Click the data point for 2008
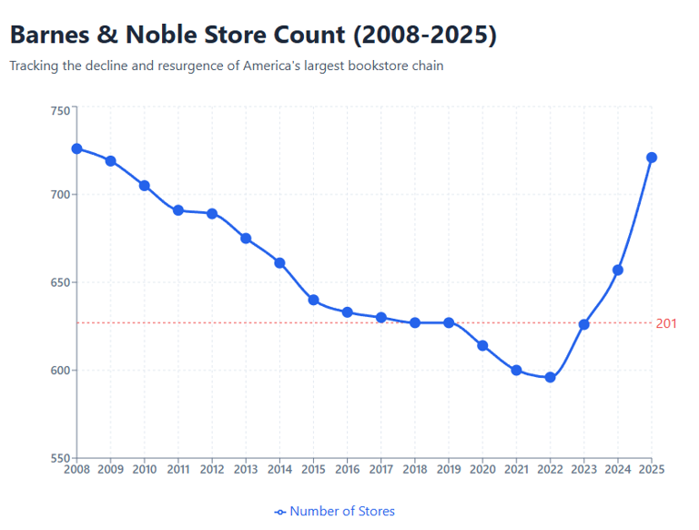click(x=76, y=148)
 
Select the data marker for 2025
click(x=652, y=158)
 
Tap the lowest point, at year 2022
click(x=550, y=377)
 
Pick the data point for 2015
click(x=313, y=300)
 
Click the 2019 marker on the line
click(x=449, y=322)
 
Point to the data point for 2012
click(x=212, y=214)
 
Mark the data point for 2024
click(x=618, y=270)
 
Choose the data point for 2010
click(x=144, y=186)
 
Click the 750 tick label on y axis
click(x=59, y=111)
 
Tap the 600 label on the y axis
click(x=59, y=371)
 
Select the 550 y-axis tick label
click(x=59, y=458)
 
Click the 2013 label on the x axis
click(x=246, y=470)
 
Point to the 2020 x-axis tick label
click(x=482, y=470)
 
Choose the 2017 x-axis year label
click(x=381, y=470)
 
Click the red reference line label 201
click(x=666, y=323)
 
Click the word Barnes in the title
click(x=53, y=35)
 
